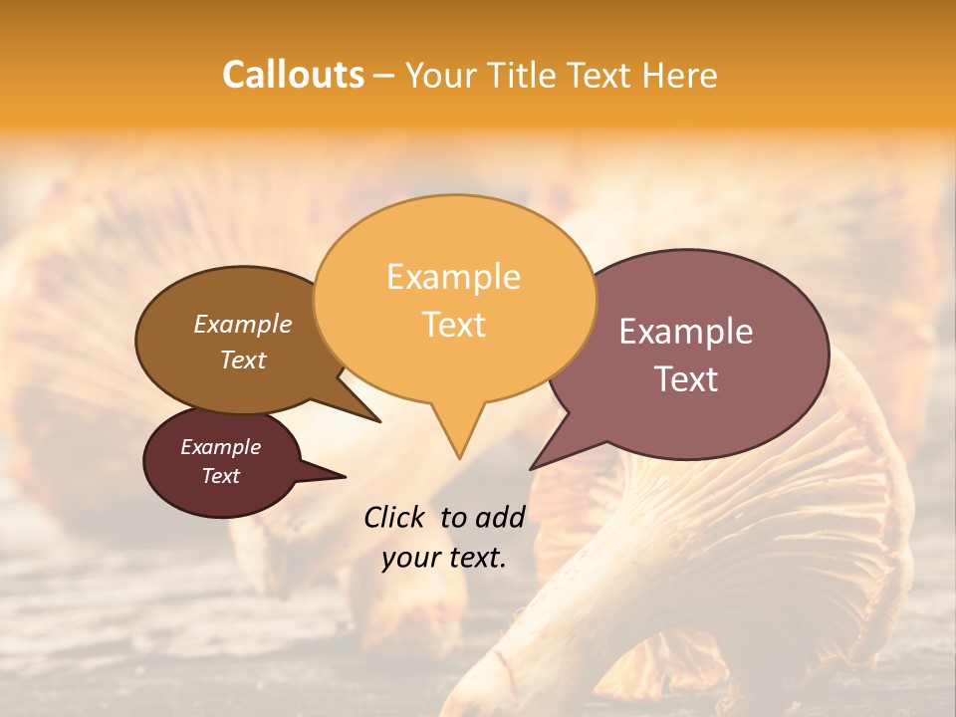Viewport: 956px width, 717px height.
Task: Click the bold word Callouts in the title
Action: [293, 75]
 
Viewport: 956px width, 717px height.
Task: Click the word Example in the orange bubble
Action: [453, 277]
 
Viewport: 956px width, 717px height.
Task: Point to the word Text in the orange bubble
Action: [453, 325]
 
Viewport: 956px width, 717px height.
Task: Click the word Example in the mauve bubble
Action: [686, 332]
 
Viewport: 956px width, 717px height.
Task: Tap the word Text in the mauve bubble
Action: [686, 379]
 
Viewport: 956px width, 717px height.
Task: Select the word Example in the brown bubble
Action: [242, 324]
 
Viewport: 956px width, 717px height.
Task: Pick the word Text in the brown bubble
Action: [242, 359]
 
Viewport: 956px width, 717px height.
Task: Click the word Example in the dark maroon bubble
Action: [220, 447]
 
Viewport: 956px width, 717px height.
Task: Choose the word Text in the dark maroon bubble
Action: [220, 476]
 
